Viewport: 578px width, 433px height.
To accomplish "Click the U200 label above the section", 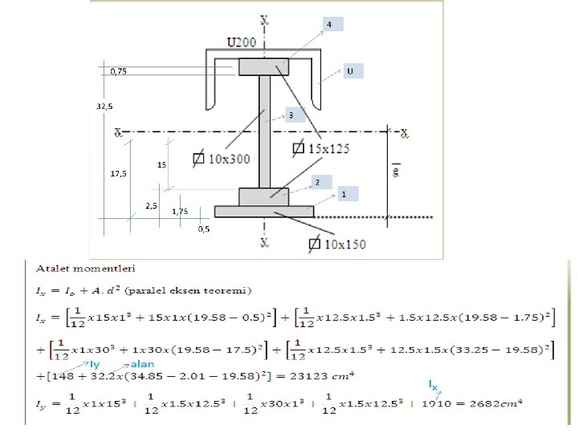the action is point(242,41).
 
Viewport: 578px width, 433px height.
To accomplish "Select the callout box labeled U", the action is point(352,71).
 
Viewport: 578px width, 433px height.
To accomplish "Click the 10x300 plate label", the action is point(228,160).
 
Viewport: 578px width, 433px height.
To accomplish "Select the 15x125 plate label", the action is point(328,148).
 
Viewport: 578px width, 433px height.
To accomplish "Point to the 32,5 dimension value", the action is point(104,106).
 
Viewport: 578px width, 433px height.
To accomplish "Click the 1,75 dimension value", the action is point(180,212).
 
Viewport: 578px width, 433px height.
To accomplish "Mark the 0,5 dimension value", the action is point(204,229).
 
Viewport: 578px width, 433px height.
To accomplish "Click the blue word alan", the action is point(141,387).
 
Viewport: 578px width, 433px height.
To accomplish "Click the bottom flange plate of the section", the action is point(264,211).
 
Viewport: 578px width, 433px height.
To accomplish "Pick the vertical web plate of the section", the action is point(265,132).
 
